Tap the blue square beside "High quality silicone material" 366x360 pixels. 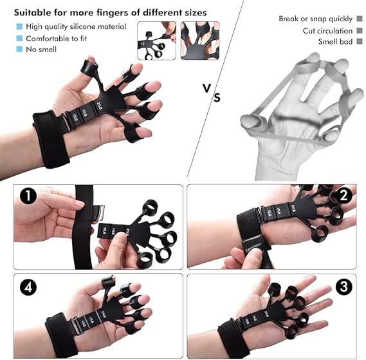(x=19, y=26)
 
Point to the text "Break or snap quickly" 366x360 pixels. (x=316, y=19)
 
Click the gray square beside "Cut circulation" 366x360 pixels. (x=359, y=31)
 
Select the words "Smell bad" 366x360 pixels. (x=336, y=42)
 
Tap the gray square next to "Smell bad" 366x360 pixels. (x=359, y=42)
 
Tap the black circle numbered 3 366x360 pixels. (x=344, y=285)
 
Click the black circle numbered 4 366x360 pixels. (x=26, y=285)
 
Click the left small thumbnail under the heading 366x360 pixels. (x=156, y=41)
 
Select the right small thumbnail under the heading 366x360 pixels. (x=200, y=41)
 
